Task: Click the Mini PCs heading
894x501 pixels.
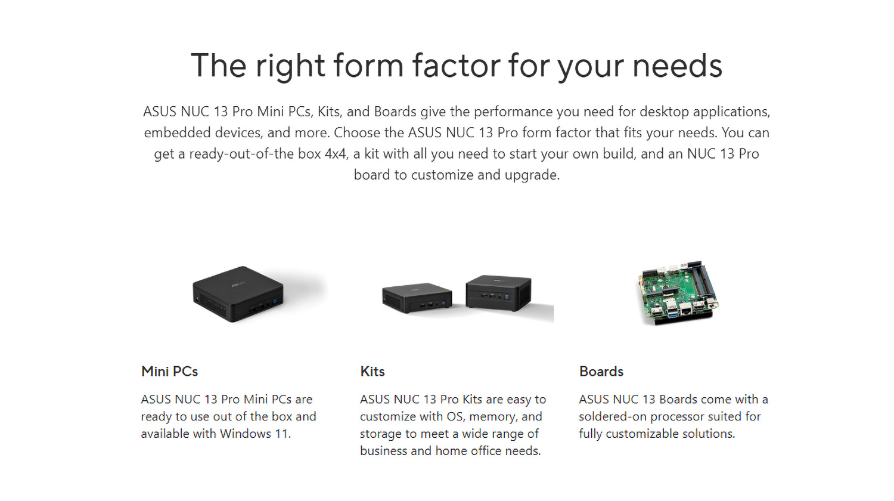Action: (x=169, y=371)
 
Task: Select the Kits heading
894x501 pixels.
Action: (x=372, y=371)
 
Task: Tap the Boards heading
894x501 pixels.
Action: (x=601, y=371)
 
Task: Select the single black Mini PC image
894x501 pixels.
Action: (x=238, y=293)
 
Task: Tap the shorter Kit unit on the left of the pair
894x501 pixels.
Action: (x=417, y=297)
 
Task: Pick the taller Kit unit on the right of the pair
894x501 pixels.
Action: (x=498, y=292)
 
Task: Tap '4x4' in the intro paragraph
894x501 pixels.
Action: (x=336, y=154)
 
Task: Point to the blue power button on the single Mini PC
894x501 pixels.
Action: (x=274, y=301)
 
